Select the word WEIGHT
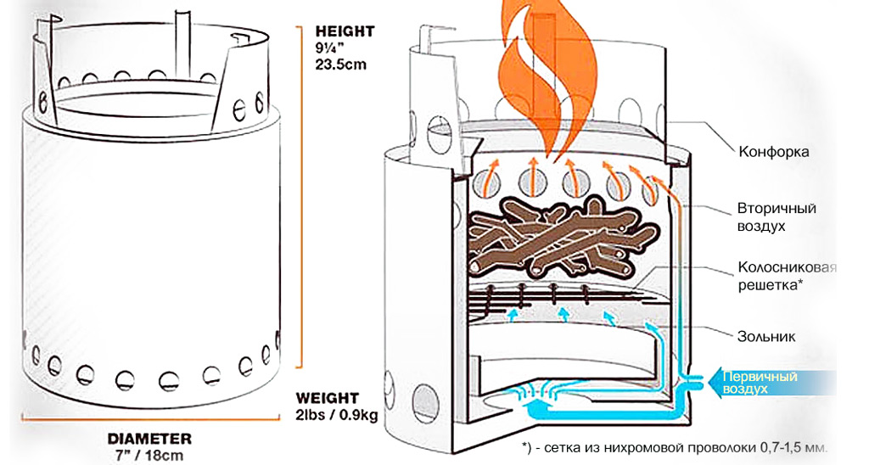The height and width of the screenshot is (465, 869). click(x=328, y=397)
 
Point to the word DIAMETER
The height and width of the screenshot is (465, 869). click(x=149, y=439)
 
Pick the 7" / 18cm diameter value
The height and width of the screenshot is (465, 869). click(x=149, y=455)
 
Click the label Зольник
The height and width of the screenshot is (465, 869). click(x=768, y=337)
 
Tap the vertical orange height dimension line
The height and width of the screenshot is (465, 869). click(x=296, y=195)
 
